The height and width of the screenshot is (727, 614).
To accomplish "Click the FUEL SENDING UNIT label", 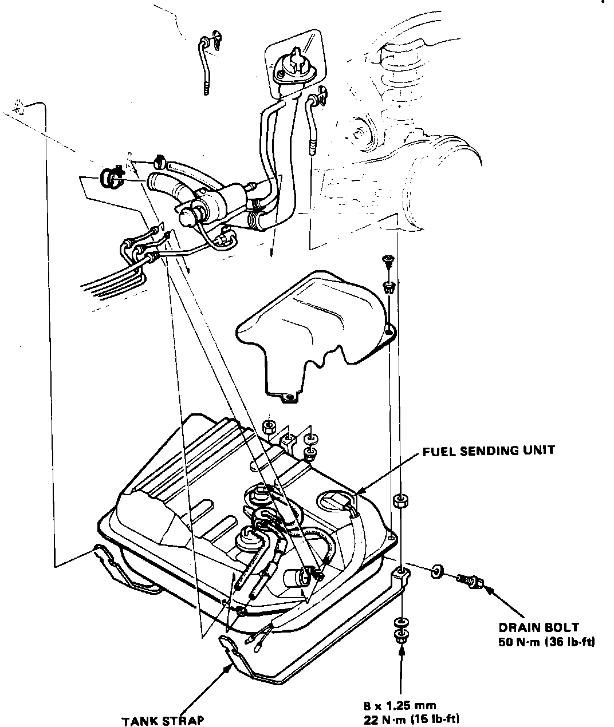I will pos(489,451).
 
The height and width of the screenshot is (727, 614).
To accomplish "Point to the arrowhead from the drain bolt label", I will pos(488,589).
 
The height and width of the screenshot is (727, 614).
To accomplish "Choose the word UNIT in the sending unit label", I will pos(536,451).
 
